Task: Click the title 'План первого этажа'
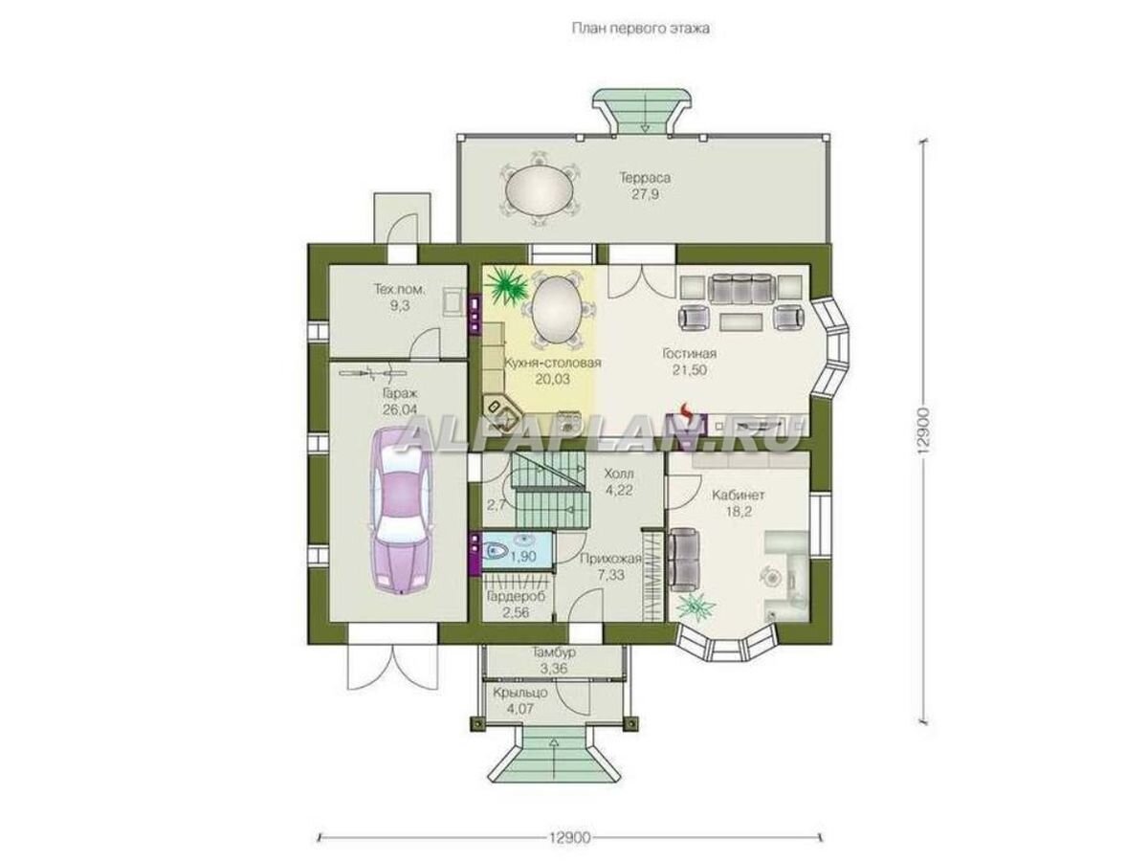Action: pyautogui.click(x=640, y=29)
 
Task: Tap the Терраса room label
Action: pyautogui.click(x=645, y=178)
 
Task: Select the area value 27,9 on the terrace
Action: pyautogui.click(x=645, y=194)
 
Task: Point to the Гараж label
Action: pyautogui.click(x=399, y=392)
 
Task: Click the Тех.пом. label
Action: pyautogui.click(x=400, y=289)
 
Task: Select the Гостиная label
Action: pyautogui.click(x=689, y=354)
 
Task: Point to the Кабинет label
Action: pyautogui.click(x=739, y=495)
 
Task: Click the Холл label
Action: pyautogui.click(x=619, y=474)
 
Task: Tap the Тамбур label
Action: pyautogui.click(x=554, y=653)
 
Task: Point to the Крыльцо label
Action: pyautogui.click(x=520, y=693)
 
